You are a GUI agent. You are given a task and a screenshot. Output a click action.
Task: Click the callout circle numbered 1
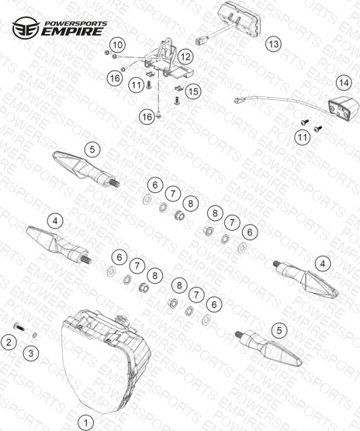tap(86, 422)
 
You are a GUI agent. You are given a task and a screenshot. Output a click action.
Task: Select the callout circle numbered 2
tap(9, 343)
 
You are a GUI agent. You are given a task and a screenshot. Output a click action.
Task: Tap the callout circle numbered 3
tap(31, 353)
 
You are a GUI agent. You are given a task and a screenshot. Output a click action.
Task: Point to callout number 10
tap(118, 44)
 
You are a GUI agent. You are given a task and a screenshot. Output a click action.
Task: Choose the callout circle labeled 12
tap(185, 57)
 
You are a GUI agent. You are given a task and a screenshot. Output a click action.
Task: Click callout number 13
tap(274, 44)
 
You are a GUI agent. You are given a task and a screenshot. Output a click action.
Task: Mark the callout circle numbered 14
tap(344, 83)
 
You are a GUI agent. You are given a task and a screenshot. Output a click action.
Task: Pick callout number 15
tap(193, 91)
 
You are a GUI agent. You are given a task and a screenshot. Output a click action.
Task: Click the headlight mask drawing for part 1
tap(106, 361)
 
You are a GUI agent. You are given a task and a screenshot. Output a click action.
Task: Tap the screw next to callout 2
tap(19, 327)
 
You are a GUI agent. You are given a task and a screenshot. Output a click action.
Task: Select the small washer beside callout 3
tap(35, 335)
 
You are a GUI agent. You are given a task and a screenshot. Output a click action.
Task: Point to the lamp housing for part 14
tap(343, 107)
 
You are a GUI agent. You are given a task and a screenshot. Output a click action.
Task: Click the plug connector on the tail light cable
tap(200, 41)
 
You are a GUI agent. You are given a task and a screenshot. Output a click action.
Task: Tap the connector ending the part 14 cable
tap(238, 100)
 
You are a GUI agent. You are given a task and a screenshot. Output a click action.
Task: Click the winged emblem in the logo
tap(26, 28)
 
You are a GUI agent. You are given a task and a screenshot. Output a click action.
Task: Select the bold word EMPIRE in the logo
tap(72, 32)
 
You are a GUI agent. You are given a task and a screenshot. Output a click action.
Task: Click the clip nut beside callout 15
tap(179, 88)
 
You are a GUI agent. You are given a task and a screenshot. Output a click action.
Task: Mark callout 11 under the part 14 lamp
tap(303, 137)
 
